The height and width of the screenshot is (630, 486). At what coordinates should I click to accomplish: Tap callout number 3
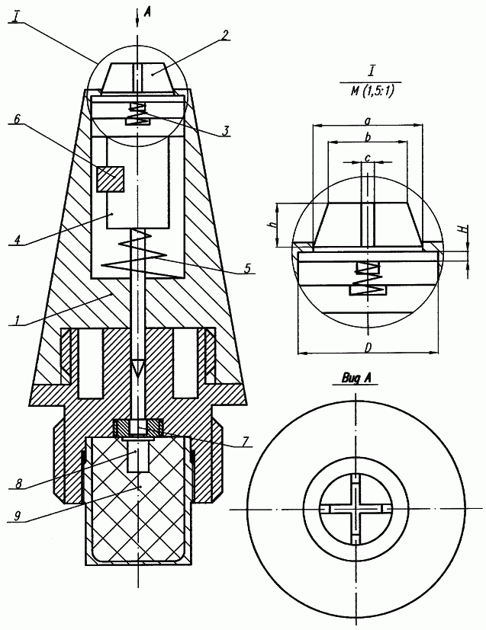pos(227,131)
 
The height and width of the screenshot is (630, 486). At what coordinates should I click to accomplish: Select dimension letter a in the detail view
pos(368,120)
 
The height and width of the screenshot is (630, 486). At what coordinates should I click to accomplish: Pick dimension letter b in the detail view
pos(368,138)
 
